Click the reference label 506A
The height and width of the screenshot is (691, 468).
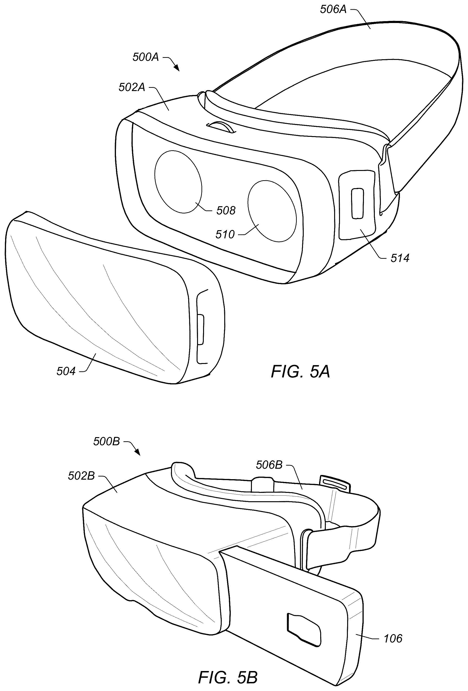333,10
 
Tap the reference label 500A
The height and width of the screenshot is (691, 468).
145,57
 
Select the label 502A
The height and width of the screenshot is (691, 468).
132,87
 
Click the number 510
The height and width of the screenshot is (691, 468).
225,235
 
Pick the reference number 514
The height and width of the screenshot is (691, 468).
400,258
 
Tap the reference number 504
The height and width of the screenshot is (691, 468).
66,371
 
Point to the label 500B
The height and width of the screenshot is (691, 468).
106,442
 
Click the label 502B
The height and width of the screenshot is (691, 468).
81,476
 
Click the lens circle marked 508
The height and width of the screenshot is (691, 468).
178,182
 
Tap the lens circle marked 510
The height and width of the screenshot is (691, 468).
271,211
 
